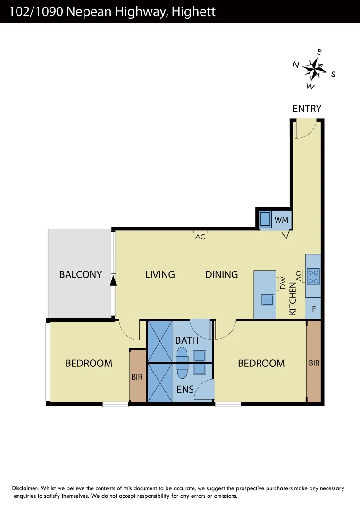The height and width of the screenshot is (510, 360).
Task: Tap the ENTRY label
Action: coord(307,109)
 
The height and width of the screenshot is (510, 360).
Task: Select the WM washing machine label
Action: coord(281,220)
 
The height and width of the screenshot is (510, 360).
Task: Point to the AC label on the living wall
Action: coord(201,237)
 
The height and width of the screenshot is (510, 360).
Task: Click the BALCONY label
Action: coord(80,274)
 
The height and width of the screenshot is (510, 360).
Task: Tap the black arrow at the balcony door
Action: coord(113,281)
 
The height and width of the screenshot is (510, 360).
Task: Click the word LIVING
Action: coord(160,274)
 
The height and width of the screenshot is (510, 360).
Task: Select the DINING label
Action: coord(221,274)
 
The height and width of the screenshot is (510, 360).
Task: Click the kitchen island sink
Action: coord(268,300)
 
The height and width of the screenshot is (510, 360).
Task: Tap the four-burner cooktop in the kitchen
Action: coord(313,276)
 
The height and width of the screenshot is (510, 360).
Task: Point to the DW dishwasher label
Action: coord(283,283)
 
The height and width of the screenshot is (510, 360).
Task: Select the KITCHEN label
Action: coord(293,299)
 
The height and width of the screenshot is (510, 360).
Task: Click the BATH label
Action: coord(187,340)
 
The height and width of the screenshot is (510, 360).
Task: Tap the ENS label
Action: coord(185,390)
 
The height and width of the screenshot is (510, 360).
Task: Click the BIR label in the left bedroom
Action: coord(137,377)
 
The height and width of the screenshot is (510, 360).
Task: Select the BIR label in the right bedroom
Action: coord(314,363)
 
